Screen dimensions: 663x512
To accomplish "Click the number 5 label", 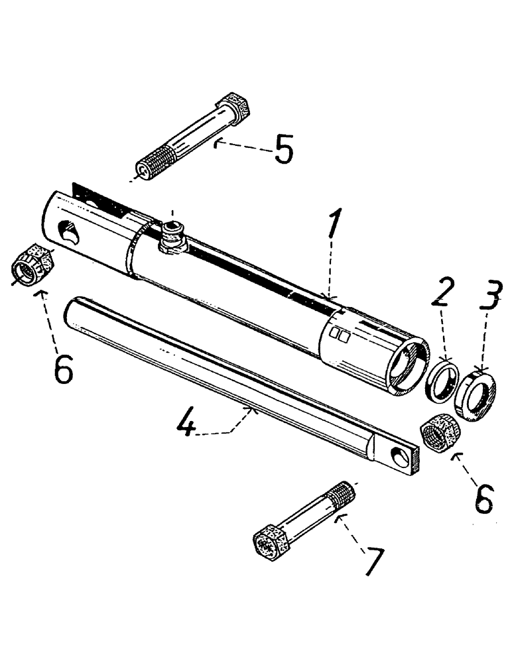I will (284, 150).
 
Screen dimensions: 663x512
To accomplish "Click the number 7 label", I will (373, 560).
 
